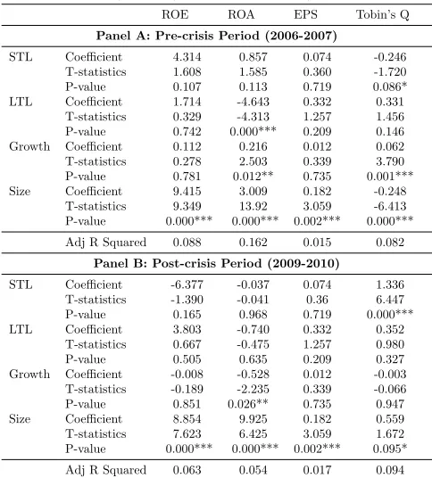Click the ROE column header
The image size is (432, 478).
[x=175, y=14]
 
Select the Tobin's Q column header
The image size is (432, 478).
[x=383, y=14]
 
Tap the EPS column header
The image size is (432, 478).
[x=305, y=14]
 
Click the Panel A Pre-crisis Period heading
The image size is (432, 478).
[x=217, y=36]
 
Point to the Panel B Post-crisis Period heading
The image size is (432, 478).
[x=216, y=263]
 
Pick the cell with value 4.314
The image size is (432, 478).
[x=187, y=57]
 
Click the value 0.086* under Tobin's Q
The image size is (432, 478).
[x=390, y=87]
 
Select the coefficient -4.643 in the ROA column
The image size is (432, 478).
[x=253, y=102]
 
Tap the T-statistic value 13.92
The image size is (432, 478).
[x=253, y=206]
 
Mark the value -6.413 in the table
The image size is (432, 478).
[x=390, y=206]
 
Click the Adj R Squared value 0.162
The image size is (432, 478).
[x=253, y=243]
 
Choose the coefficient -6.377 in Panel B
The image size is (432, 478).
[x=187, y=284]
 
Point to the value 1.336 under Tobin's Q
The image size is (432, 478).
[x=390, y=284]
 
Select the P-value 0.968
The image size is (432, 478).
[x=253, y=315]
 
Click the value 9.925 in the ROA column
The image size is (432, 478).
[x=253, y=419]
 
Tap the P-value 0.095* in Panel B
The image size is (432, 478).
[x=390, y=449]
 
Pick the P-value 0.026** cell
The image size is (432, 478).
[x=248, y=404]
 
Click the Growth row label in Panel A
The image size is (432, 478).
[x=29, y=146]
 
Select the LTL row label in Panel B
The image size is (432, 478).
[x=21, y=330]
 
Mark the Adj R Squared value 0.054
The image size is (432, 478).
[x=253, y=470]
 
